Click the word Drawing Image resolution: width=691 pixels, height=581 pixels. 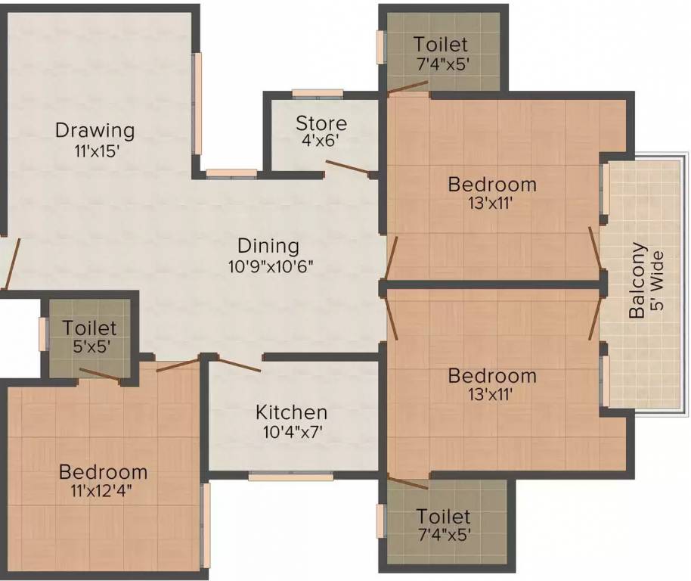[x=95, y=130]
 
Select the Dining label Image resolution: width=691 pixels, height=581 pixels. [x=268, y=246]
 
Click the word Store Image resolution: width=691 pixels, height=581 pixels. [x=321, y=123]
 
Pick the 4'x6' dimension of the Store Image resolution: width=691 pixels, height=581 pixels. [x=321, y=141]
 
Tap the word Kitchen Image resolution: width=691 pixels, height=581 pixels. [x=291, y=412]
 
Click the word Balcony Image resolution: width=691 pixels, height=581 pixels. [x=639, y=280]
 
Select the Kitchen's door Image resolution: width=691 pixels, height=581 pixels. [x=237, y=364]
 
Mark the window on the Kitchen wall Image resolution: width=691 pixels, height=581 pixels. [x=290, y=477]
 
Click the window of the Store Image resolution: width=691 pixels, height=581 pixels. [x=318, y=94]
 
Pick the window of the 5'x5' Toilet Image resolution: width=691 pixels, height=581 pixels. [x=43, y=334]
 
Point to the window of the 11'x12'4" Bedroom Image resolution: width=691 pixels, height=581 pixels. [x=205, y=525]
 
